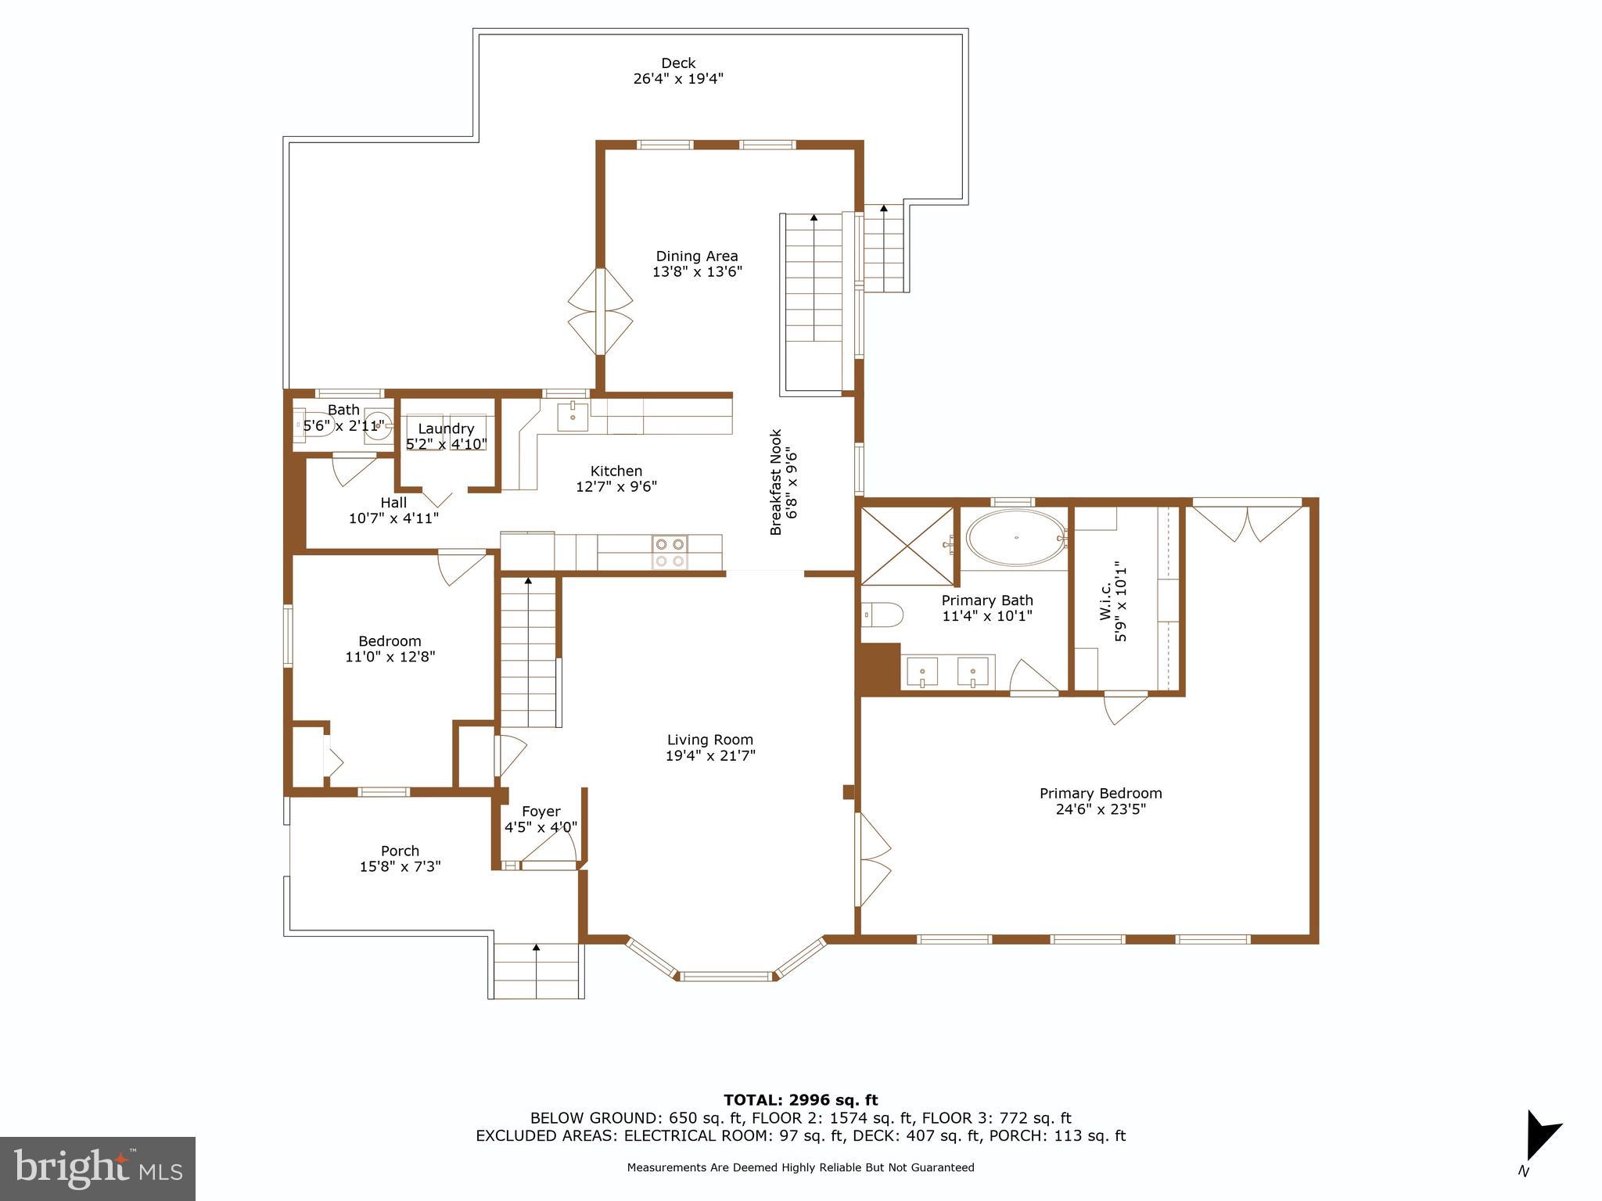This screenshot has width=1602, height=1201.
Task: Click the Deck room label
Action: [x=677, y=63]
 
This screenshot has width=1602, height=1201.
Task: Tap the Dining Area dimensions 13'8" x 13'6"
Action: [x=696, y=272]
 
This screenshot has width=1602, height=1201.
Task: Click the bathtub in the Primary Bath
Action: [x=1015, y=538]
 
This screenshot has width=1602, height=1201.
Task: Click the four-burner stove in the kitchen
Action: [x=670, y=552]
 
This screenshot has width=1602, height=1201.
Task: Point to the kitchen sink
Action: [x=573, y=417]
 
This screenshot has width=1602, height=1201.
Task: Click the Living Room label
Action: [x=709, y=740]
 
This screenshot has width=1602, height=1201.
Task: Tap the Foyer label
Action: [x=541, y=812]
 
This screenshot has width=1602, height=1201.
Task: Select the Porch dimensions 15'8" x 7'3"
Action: [x=400, y=866]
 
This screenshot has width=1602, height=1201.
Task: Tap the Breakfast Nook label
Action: [x=776, y=482]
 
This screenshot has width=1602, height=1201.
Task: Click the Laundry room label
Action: [x=446, y=428]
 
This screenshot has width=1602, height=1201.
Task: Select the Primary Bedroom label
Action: [x=1100, y=793]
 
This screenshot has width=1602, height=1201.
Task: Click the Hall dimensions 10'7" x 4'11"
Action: [x=393, y=518]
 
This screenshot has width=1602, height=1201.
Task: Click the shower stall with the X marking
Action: [x=907, y=546]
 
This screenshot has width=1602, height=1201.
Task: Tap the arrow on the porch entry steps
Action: [x=537, y=948]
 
